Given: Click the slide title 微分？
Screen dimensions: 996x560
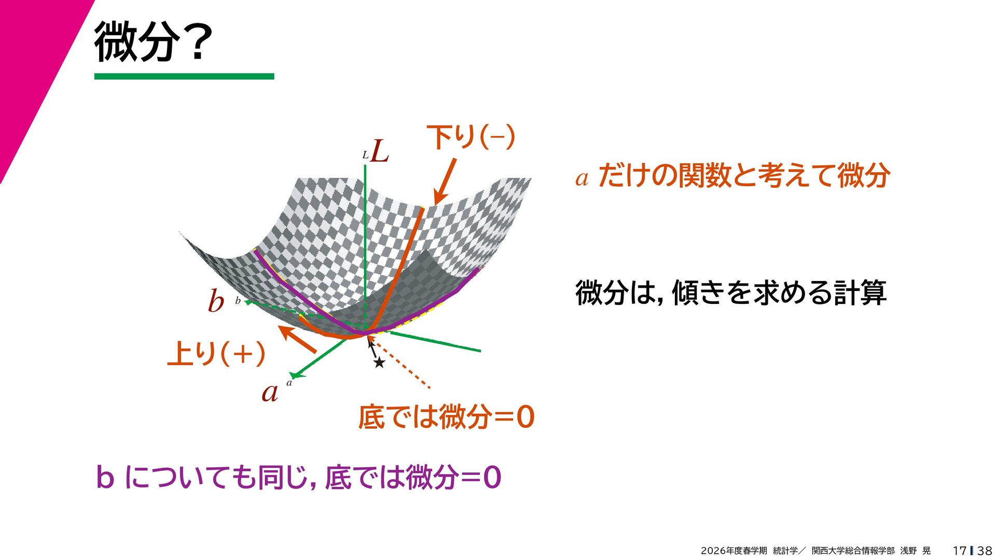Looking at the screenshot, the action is point(153,41).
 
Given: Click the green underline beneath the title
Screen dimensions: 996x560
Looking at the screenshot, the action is point(184,76).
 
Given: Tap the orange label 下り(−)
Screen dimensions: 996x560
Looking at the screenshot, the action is point(471,137).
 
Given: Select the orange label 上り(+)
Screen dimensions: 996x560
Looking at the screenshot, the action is point(216,354).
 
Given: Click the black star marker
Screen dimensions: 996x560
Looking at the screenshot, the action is point(379,362).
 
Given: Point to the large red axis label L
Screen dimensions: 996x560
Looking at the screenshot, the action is point(380,151).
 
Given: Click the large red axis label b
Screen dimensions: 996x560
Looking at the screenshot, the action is point(216,301).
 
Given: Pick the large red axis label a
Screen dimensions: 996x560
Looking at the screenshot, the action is point(270,393).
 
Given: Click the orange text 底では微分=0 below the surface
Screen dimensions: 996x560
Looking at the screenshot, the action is point(446,417).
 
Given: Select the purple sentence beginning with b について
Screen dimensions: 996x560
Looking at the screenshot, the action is point(299,477).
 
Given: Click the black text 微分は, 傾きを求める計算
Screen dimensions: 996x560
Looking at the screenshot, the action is point(731,292).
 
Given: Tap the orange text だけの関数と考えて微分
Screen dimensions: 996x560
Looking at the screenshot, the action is point(744,175).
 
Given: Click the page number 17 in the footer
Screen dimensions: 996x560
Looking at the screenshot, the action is point(959,551).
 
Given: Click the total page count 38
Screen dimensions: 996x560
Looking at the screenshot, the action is point(985,551).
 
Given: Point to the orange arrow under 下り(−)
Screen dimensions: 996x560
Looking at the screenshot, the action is point(445,181).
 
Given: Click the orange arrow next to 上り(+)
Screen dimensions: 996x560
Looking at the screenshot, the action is point(297,339).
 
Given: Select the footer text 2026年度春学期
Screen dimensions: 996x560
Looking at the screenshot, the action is point(734,551).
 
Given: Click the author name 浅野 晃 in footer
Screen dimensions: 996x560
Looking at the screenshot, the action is point(915,551).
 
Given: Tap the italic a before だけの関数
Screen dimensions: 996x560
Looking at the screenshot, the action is point(582,178).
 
